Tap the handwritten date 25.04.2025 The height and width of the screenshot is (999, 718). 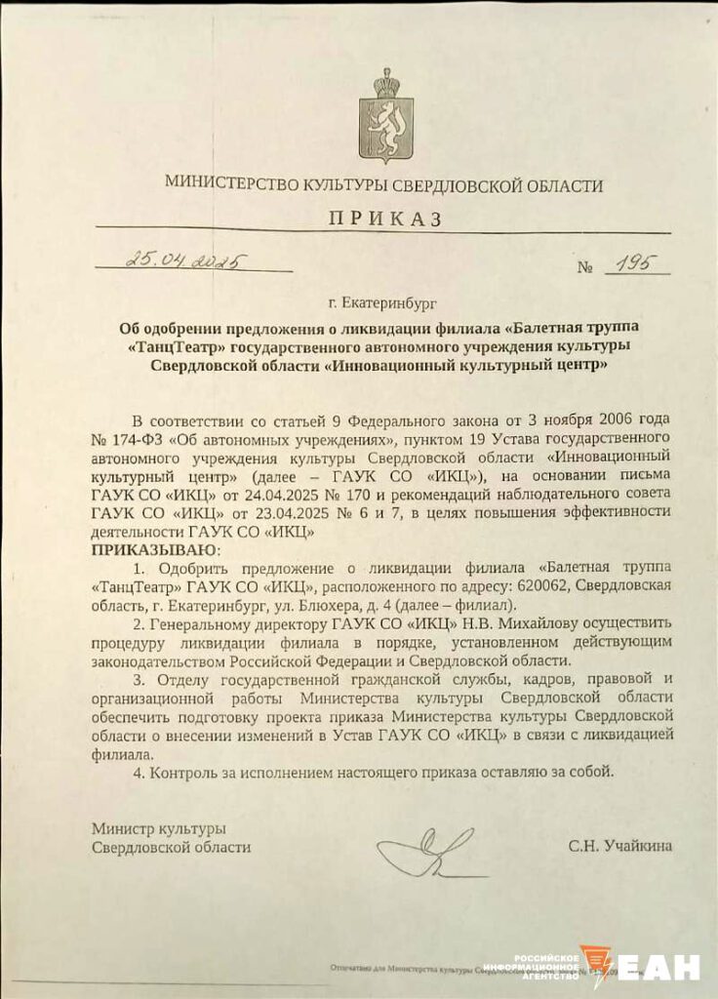(x=184, y=260)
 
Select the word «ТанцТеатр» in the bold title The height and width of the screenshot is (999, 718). (x=174, y=346)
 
